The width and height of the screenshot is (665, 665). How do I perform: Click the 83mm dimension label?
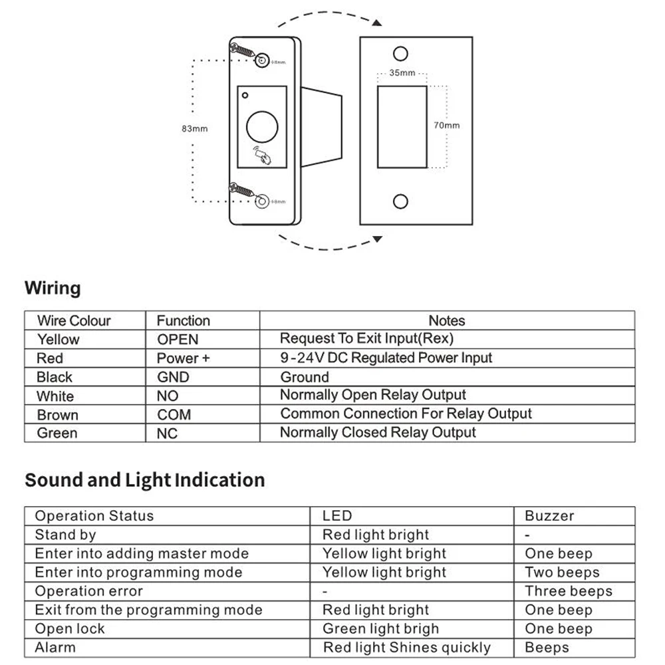tap(194, 128)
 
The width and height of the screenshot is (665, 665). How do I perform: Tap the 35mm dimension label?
tap(402, 72)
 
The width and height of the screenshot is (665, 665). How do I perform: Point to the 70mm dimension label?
tap(446, 125)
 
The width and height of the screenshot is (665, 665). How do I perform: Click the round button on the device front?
tap(261, 126)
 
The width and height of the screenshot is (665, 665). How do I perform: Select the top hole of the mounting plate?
tap(400, 53)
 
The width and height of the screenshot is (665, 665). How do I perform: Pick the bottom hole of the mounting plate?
tap(400, 201)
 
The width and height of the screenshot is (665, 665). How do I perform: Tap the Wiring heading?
tap(53, 289)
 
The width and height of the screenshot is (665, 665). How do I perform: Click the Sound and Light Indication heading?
tap(144, 480)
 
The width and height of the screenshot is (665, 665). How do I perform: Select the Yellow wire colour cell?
tap(58, 339)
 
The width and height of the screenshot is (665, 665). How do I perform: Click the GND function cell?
tap(173, 377)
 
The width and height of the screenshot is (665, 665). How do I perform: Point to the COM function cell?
tap(174, 414)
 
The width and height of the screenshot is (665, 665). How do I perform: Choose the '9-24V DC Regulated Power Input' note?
tap(386, 358)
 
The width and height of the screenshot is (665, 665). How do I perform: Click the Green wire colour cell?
tap(57, 433)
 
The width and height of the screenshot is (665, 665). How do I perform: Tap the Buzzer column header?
tap(549, 515)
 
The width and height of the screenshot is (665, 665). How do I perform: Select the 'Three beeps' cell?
tap(568, 591)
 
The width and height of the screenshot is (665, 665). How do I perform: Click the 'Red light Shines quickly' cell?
tap(406, 648)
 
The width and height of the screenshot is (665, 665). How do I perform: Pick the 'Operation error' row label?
tap(88, 591)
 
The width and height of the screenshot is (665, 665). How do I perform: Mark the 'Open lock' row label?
tap(70, 628)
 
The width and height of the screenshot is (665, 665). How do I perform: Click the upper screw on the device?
tap(243, 51)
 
